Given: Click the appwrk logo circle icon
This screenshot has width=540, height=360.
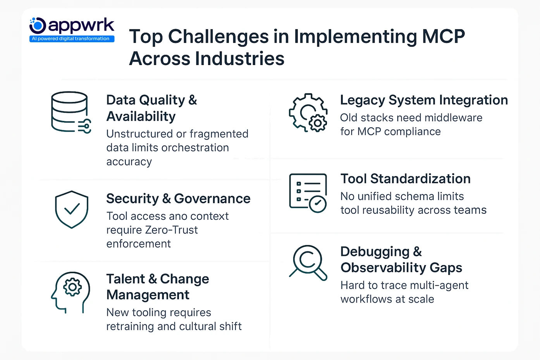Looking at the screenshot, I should [38, 26].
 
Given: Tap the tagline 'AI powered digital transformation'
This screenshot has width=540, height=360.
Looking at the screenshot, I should [72, 39].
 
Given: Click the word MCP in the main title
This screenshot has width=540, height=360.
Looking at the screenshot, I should [443, 36].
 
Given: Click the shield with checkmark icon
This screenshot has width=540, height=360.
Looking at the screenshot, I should [72, 209].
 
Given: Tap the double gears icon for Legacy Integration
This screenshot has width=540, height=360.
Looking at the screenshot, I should [308, 113].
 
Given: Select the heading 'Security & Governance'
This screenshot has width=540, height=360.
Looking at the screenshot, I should [178, 198].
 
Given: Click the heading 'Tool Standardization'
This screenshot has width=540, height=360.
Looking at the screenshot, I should [405, 179].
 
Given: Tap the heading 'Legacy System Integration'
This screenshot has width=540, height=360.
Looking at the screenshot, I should [424, 100].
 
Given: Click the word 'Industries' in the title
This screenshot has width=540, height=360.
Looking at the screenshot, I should [239, 59].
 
